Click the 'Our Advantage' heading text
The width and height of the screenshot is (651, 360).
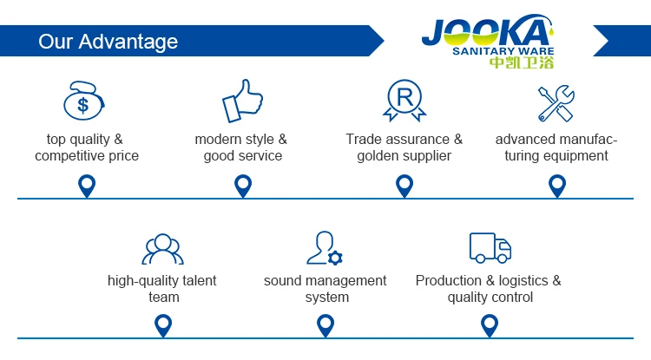pyautogui.click(x=108, y=42)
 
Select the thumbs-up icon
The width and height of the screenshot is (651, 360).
pyautogui.click(x=242, y=101)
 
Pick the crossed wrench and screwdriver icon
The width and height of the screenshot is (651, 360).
pyautogui.click(x=556, y=103)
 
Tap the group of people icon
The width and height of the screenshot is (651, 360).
pyautogui.click(x=163, y=249)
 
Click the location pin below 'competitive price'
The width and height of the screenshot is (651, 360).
pyautogui.click(x=87, y=185)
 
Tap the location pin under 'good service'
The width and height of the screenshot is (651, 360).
pyautogui.click(x=243, y=185)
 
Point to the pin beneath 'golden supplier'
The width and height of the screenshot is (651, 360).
pyautogui.click(x=404, y=185)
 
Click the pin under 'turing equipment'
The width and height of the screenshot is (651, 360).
pyautogui.click(x=557, y=185)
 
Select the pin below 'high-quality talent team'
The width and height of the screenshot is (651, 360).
pyautogui.click(x=162, y=325)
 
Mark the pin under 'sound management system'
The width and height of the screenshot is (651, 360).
pyautogui.click(x=325, y=325)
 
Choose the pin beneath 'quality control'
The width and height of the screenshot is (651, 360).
pyautogui.click(x=490, y=325)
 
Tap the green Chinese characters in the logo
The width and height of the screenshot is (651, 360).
pyautogui.click(x=521, y=63)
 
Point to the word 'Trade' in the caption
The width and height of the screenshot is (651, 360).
pyautogui.click(x=365, y=140)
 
